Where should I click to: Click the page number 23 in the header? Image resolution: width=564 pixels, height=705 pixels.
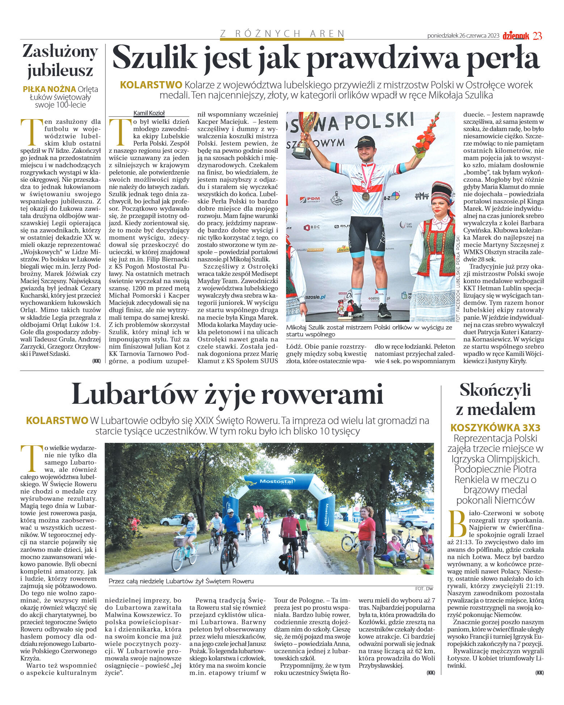[x=537, y=36]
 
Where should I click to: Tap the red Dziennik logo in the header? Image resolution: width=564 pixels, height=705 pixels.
[x=516, y=36]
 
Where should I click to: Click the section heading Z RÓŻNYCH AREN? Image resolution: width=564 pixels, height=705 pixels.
[x=282, y=34]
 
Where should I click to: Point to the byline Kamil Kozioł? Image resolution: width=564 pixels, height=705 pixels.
[x=149, y=113]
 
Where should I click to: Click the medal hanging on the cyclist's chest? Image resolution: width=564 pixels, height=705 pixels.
[x=366, y=196]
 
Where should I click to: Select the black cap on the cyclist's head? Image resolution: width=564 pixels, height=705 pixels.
[x=364, y=141]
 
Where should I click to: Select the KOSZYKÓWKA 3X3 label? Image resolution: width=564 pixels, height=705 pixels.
[x=495, y=428]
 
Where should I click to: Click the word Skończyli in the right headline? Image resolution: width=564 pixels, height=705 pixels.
[x=495, y=390]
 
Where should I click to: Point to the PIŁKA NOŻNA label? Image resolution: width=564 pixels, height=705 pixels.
[x=49, y=89]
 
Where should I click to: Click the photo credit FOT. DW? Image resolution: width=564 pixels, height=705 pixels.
[x=424, y=588]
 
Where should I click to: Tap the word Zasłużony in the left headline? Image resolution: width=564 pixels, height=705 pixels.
[x=60, y=51]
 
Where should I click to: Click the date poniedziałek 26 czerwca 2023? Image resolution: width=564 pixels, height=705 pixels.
[x=463, y=36]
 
